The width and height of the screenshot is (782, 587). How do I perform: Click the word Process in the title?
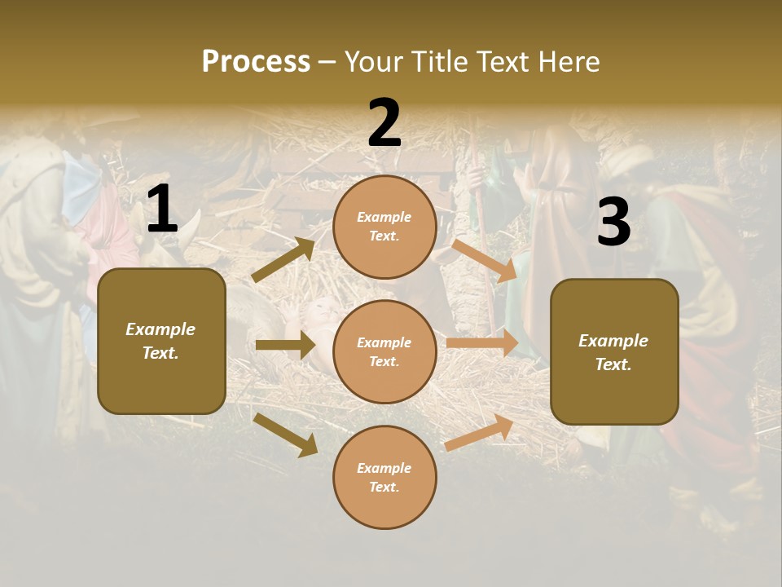click(x=256, y=62)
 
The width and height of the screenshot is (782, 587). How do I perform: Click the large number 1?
click(x=162, y=210)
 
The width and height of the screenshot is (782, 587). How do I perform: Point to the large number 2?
click(x=384, y=123)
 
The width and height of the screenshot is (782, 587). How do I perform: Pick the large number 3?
click(x=613, y=223)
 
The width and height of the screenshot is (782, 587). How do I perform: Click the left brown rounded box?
click(x=161, y=341)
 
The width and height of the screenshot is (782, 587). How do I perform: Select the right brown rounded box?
click(x=614, y=351)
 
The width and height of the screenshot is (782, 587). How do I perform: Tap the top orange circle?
click(x=384, y=227)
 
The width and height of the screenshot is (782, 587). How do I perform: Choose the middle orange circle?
click(x=384, y=351)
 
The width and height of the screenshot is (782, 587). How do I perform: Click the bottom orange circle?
click(x=384, y=477)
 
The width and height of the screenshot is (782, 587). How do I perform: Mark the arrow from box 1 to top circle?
click(x=283, y=260)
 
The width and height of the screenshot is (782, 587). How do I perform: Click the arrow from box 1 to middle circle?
click(x=285, y=345)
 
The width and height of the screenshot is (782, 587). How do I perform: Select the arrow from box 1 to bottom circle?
click(x=286, y=435)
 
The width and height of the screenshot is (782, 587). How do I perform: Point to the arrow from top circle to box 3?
click(x=485, y=260)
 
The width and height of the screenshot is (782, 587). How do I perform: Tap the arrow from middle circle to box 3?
click(x=482, y=343)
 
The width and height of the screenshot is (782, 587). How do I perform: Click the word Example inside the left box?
click(x=160, y=329)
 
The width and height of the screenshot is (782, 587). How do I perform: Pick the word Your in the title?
click(x=375, y=62)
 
